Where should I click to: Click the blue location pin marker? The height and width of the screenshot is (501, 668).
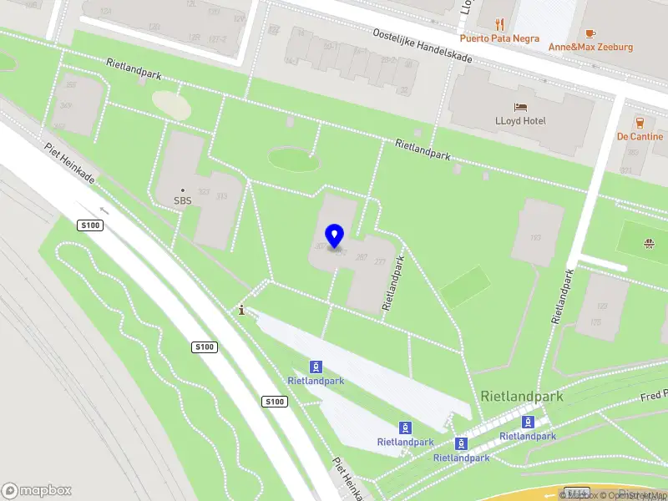pos(335,236)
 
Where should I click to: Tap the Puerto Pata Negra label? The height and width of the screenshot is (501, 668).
pos(499,38)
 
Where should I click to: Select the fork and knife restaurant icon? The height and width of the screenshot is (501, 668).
pos(499,23)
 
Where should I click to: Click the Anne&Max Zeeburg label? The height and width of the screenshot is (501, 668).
pos(590,47)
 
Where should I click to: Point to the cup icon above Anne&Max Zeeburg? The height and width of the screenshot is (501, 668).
pos(590,33)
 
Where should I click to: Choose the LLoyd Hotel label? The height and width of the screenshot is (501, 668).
pos(520,121)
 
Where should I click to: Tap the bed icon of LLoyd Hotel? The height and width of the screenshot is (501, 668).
pos(520,107)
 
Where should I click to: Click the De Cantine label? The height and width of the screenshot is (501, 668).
pos(640,136)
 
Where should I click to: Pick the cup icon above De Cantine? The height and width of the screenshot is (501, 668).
pos(640,122)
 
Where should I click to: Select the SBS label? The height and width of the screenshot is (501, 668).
pos(183,200)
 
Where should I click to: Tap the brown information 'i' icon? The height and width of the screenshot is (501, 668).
pos(242,310)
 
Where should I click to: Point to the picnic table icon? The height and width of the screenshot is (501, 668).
pos(649,244)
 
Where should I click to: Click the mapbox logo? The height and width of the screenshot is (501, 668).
pos(37,490)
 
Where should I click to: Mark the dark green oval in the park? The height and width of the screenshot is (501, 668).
pos(294,159)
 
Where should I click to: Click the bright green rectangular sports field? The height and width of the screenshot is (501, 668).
pos(465,286)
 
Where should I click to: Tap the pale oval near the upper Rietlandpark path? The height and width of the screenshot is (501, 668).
pos(171,104)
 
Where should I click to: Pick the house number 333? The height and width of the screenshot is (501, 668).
pos(221,196)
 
